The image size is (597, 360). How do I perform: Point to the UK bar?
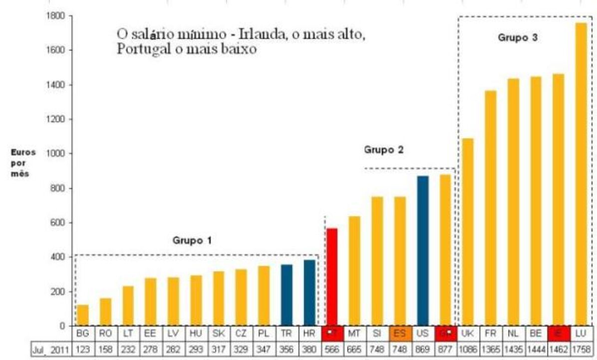[467, 232]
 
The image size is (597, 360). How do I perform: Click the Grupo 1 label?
[192, 241]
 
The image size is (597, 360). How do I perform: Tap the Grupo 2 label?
[383, 150]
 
